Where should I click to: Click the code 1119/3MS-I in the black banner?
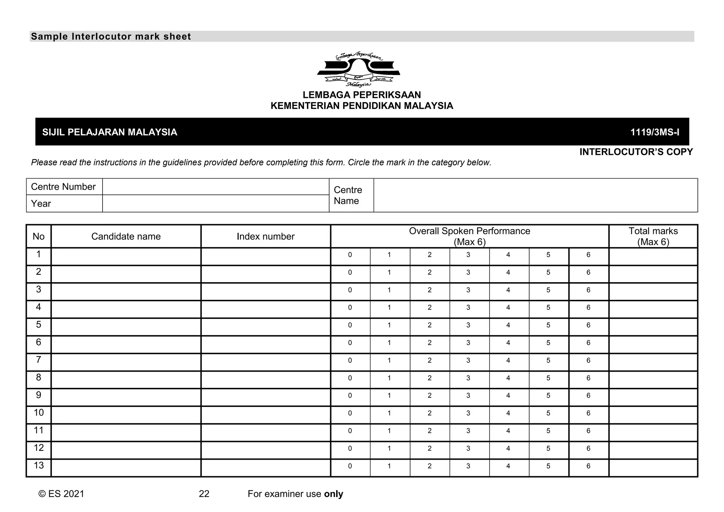[655, 132]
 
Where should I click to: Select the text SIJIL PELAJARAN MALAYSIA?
[110, 132]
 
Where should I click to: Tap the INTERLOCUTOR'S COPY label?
[636, 152]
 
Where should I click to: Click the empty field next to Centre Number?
[216, 187]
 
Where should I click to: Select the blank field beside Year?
[216, 204]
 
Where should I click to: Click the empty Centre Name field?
[535, 195]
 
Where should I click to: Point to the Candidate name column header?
[126, 237]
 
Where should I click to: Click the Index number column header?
[265, 237]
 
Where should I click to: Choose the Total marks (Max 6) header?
[653, 236]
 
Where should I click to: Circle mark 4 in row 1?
[508, 255]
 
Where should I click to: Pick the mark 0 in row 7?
[350, 361]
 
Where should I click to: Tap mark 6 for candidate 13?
[588, 466]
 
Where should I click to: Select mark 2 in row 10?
[430, 413]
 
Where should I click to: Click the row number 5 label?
[39, 325]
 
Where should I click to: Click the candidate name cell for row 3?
[126, 292]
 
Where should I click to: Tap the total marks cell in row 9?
[653, 397]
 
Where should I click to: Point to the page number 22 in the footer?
[204, 494]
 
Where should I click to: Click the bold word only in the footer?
[333, 494]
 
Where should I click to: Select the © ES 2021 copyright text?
[61, 494]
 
